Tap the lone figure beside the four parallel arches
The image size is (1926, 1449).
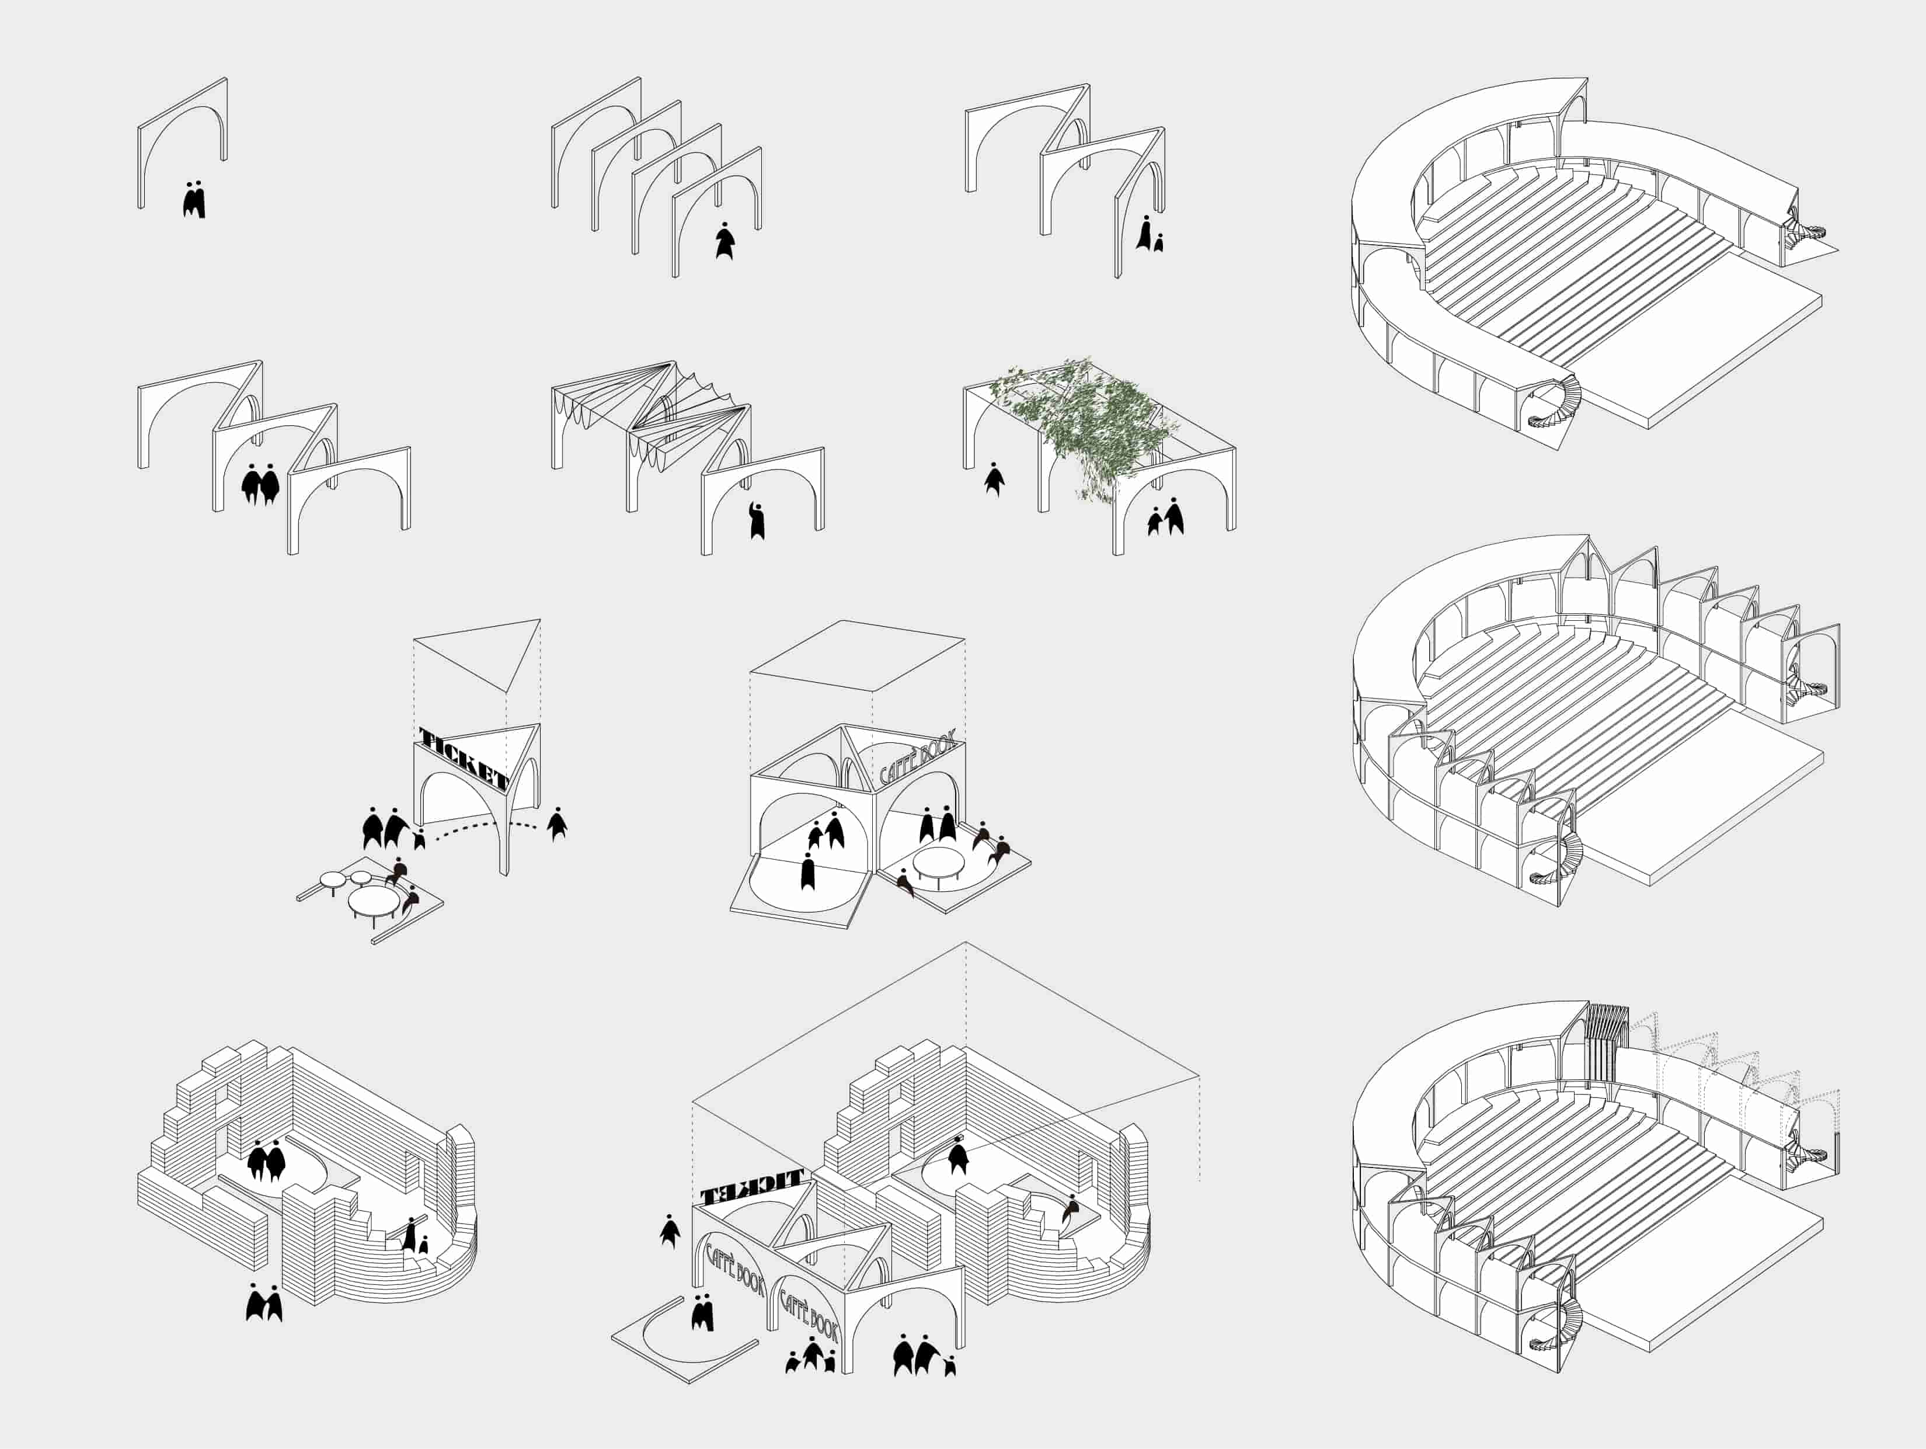[725, 241]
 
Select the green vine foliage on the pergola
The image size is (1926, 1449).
[1088, 418]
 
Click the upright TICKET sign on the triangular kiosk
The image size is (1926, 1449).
[462, 756]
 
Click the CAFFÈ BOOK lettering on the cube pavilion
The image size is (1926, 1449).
[918, 756]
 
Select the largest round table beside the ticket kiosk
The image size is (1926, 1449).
[374, 899]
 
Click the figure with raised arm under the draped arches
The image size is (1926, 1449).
[757, 521]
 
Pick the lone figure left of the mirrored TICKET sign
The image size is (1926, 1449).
[670, 1231]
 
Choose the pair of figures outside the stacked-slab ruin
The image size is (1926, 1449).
[264, 1304]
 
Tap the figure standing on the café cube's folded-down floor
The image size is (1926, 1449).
[808, 871]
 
